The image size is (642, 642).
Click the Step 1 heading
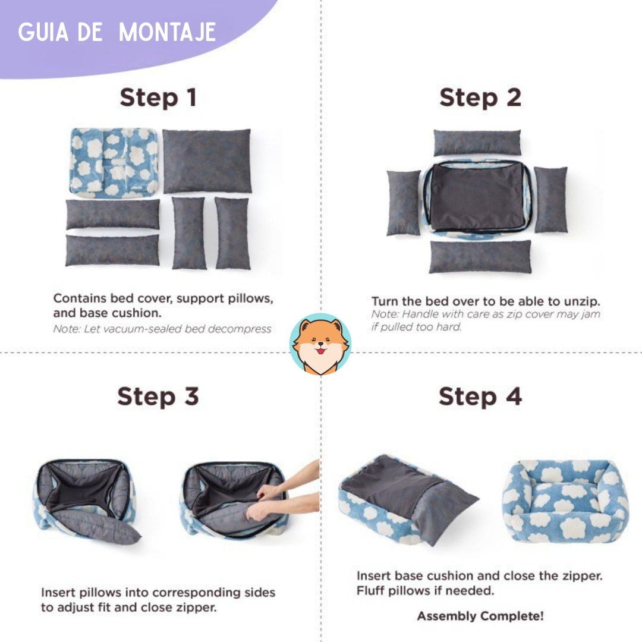click(x=158, y=98)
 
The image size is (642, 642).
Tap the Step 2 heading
click(x=480, y=98)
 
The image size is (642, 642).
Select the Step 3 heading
click(x=158, y=396)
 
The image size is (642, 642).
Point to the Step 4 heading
click(x=480, y=396)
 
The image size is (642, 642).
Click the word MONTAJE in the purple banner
click(x=168, y=33)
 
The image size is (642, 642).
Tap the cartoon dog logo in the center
click(x=320, y=345)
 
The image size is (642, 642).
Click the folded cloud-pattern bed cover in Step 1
click(x=113, y=162)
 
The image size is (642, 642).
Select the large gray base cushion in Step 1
click(x=207, y=160)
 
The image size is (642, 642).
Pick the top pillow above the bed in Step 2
click(x=477, y=143)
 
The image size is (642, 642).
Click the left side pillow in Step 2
click(x=404, y=202)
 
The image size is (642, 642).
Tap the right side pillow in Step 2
click(x=550, y=199)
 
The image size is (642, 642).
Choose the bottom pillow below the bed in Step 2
click(x=480, y=257)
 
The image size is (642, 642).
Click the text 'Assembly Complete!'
click(x=480, y=616)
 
